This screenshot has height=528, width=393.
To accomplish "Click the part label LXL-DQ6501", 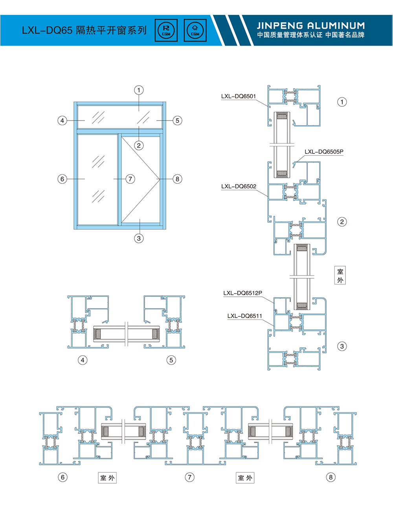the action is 238,97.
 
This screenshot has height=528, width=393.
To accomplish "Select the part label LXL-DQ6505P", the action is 324,152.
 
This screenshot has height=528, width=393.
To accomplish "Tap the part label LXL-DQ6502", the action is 239,186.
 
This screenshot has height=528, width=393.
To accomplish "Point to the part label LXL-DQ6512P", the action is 242,293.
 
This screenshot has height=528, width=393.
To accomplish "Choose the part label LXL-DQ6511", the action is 244,316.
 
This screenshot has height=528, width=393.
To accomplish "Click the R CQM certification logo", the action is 166,30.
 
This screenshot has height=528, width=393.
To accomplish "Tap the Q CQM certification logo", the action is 195,30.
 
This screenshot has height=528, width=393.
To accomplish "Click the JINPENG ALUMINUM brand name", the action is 310,26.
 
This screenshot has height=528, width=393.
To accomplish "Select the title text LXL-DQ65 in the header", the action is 47,31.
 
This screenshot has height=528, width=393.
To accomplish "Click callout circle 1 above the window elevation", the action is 139,90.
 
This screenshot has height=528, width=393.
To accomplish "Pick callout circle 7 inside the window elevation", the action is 130,179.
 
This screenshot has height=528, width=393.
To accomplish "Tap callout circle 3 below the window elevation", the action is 139,238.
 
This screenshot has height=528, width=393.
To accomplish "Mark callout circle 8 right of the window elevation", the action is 177,179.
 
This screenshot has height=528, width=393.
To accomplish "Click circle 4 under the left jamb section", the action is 83,360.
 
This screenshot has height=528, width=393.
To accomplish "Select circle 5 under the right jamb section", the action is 171,360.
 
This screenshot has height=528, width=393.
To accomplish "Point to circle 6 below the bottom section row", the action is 62,477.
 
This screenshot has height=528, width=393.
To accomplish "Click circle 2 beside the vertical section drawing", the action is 342,222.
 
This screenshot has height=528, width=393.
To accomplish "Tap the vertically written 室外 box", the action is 340,276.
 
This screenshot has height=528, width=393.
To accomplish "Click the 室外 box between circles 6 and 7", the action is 107,478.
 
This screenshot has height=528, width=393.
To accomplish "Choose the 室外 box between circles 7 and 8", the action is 245,478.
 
